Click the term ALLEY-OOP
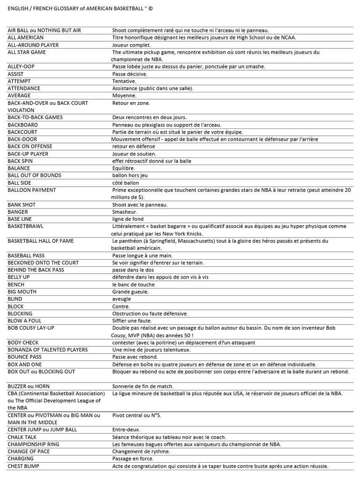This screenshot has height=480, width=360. (21, 67)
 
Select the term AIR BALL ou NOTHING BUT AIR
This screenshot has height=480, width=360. (44, 30)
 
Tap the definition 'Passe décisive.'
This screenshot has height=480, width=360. (130, 74)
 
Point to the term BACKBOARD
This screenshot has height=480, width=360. (23, 125)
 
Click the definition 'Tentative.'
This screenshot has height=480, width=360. (124, 81)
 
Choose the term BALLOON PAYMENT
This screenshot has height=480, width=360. (32, 190)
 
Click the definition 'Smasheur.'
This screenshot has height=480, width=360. (125, 212)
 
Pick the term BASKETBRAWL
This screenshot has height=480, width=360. (25, 226)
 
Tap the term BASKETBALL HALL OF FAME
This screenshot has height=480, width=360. (41, 241)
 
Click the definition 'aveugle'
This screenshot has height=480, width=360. (121, 299)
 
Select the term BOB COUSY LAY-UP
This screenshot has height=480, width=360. (31, 328)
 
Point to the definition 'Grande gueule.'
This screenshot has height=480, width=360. (130, 292)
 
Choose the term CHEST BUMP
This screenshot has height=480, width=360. (23, 466)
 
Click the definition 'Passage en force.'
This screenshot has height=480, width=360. (133, 459)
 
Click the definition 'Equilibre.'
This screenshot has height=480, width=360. (123, 168)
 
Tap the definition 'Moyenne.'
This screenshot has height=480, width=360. (124, 96)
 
